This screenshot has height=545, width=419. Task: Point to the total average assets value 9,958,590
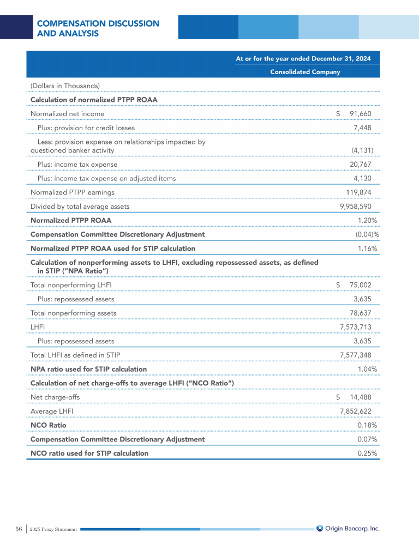click(x=356, y=207)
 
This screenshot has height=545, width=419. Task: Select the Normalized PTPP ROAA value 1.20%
click(x=367, y=220)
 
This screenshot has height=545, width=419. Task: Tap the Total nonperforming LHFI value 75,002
click(x=361, y=284)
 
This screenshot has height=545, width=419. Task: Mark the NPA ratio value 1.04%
click(x=367, y=370)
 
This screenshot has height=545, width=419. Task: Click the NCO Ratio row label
click(x=49, y=425)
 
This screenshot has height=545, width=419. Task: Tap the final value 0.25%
click(x=367, y=453)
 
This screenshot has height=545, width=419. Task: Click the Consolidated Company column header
click(x=305, y=72)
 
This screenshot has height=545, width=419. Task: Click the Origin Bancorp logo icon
click(x=320, y=528)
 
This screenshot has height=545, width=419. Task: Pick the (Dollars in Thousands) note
click(x=65, y=85)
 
